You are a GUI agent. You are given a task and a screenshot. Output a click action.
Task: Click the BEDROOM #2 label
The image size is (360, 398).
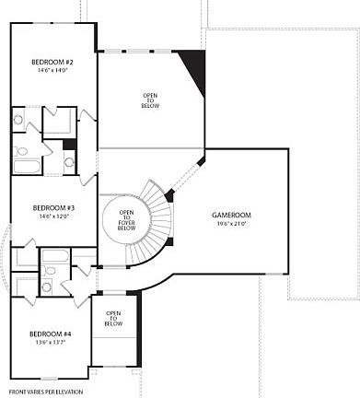(52, 61)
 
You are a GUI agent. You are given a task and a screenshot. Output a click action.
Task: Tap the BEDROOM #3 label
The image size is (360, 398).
(53, 208)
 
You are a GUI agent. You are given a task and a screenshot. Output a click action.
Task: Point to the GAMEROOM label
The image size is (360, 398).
(231, 215)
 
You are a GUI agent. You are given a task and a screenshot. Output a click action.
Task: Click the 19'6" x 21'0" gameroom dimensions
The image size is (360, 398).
(231, 223)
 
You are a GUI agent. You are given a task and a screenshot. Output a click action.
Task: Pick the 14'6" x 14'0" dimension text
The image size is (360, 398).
(52, 70)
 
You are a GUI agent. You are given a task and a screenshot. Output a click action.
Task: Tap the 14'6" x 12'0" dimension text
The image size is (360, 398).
(53, 217)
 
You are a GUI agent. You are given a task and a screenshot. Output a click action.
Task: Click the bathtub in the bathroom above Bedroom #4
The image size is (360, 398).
(54, 255)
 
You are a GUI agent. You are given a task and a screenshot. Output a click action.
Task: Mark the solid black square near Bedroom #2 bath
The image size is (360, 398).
(68, 145)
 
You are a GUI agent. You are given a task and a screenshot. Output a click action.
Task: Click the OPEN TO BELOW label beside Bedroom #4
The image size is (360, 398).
(112, 319)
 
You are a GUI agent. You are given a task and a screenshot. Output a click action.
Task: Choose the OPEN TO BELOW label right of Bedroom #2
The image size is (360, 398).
(150, 100)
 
